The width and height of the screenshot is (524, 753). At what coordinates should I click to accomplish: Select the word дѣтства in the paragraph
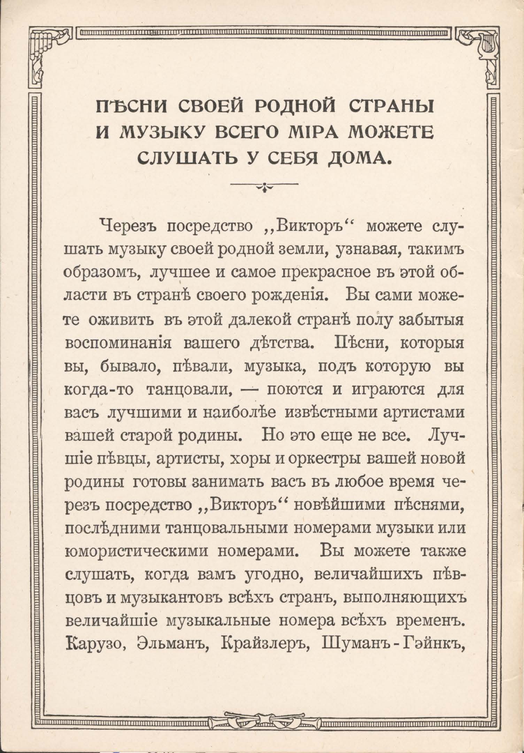point(278,345)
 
